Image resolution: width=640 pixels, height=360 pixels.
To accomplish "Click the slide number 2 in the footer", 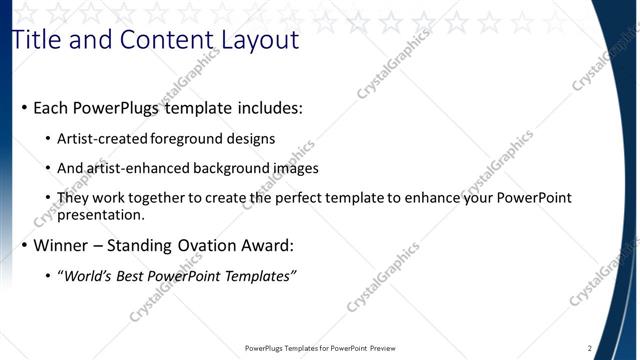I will coord(590,348).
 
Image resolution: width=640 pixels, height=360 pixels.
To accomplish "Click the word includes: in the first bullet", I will coord(268,107).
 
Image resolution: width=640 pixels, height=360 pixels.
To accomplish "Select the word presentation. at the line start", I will coord(101,214).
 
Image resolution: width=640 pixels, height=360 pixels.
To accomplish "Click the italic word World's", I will coord(89,276).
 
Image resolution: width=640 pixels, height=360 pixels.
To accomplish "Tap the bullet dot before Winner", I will coord(24,246).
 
